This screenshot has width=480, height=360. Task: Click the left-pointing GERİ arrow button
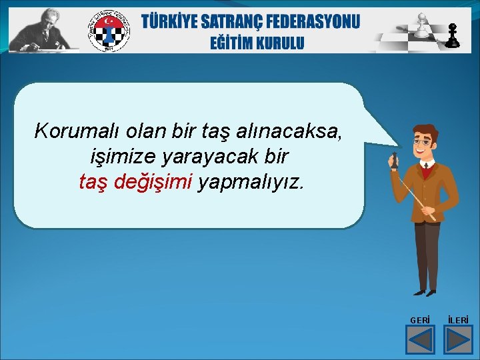click(x=420, y=340)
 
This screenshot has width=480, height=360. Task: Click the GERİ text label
click(x=420, y=321)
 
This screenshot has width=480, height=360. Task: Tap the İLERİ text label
click(x=458, y=321)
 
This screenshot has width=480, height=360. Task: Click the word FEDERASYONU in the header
click(x=319, y=21)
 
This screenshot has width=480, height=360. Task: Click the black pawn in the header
click(x=453, y=36)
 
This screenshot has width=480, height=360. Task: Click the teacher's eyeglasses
click(x=421, y=142)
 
